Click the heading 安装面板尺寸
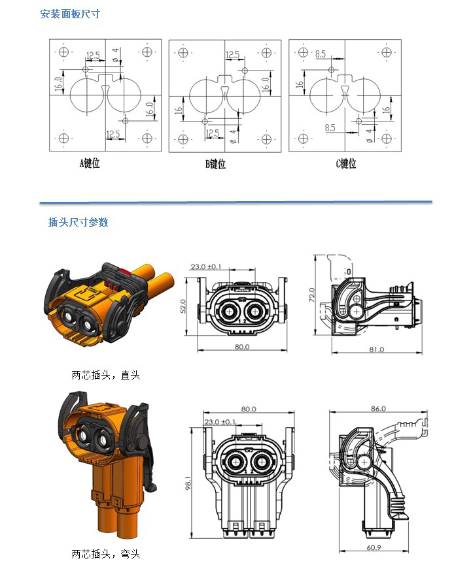(x=70, y=14)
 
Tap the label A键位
(x=90, y=163)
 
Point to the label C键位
(x=346, y=163)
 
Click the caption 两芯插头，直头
(x=105, y=376)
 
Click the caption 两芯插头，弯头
(x=105, y=555)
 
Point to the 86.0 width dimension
(x=379, y=408)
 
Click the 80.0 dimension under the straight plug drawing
(x=242, y=347)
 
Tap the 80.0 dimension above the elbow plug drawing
(x=249, y=410)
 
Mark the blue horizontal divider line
(x=235, y=202)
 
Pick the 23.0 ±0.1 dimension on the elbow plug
(x=220, y=422)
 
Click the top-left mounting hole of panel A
(x=63, y=52)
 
